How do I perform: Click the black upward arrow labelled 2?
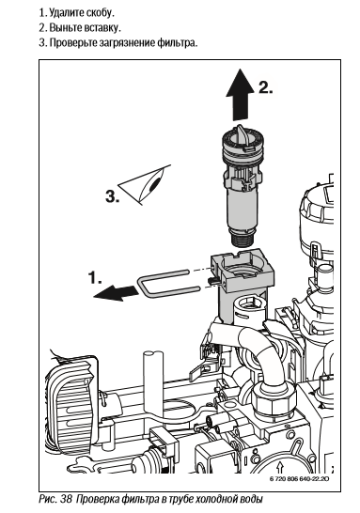(241, 95)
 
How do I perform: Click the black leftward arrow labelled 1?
(116, 292)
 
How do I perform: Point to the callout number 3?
(113, 197)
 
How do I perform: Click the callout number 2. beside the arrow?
(266, 87)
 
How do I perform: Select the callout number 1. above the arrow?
(95, 277)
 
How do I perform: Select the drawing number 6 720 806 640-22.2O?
(300, 478)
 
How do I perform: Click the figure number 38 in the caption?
(66, 499)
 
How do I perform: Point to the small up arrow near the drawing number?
(279, 466)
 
